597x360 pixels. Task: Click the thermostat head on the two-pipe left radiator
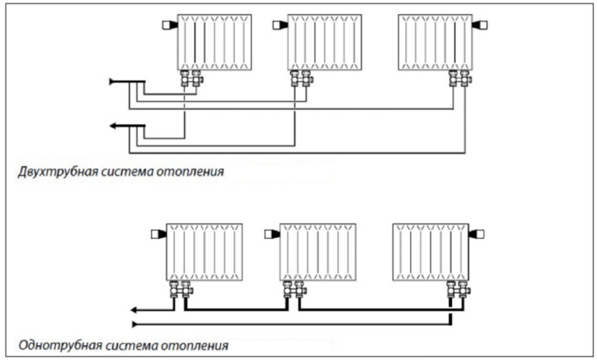pos(167,25)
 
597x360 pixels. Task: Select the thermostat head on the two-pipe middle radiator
pos(279,25)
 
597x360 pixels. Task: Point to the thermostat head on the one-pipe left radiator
pos(156,233)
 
